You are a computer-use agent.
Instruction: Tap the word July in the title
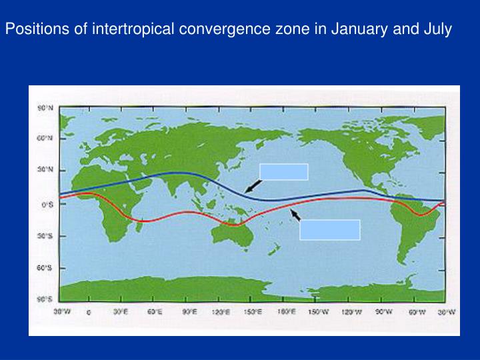click(x=437, y=29)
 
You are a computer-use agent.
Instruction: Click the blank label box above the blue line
click(x=284, y=171)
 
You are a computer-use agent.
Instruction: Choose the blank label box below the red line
click(x=330, y=229)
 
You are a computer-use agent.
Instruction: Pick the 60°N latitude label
click(x=44, y=138)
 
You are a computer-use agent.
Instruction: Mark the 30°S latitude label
click(x=44, y=236)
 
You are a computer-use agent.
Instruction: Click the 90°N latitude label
click(x=44, y=107)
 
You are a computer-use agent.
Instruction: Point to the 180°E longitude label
click(x=285, y=311)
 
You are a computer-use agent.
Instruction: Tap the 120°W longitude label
click(x=349, y=311)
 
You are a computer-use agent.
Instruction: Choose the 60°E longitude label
click(x=155, y=311)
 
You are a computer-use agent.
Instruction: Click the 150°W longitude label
click(x=318, y=311)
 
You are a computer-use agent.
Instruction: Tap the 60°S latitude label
click(x=44, y=268)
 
